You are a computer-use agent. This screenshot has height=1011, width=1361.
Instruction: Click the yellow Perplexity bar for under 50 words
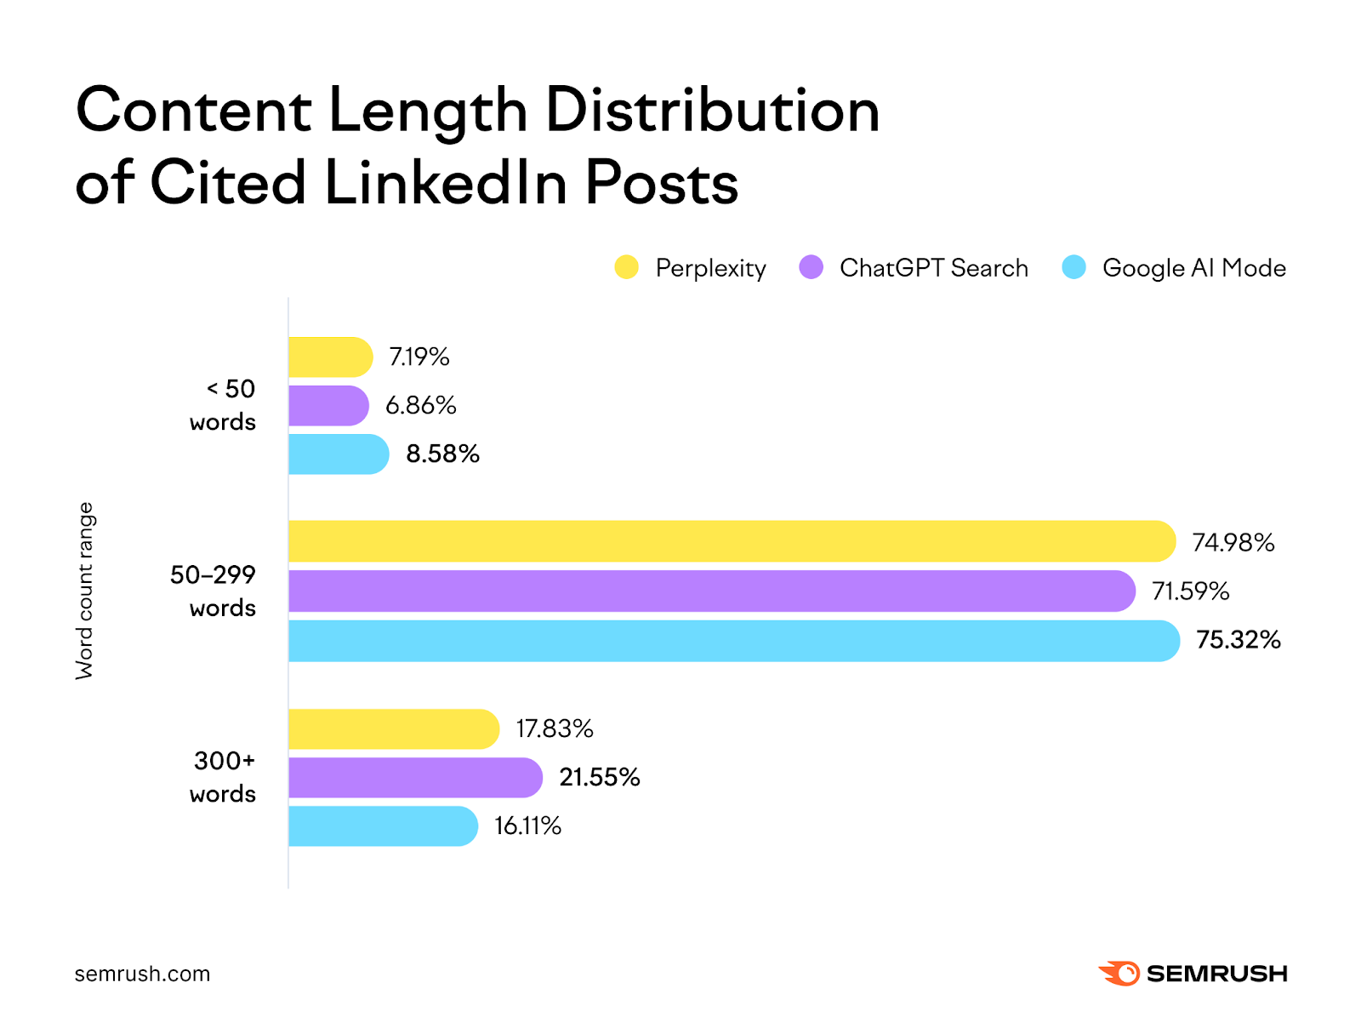click(330, 357)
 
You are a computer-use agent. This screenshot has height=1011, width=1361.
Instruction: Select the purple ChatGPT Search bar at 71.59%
click(711, 591)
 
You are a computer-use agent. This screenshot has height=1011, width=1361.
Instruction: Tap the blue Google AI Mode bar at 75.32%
click(733, 640)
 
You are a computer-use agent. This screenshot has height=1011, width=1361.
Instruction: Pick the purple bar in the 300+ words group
click(415, 777)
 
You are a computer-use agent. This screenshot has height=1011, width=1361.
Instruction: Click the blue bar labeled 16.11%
click(383, 825)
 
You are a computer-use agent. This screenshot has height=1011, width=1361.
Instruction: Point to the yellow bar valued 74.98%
click(732, 541)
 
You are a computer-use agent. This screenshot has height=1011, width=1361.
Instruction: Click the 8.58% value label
click(442, 454)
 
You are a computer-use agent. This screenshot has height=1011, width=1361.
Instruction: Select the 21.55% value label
click(599, 777)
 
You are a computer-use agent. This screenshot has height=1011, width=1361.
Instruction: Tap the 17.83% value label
click(554, 728)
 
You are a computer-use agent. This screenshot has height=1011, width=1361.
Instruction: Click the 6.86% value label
click(420, 405)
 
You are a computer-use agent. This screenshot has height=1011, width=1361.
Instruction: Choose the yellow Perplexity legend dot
click(627, 267)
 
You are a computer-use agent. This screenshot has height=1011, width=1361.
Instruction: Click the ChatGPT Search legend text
click(933, 268)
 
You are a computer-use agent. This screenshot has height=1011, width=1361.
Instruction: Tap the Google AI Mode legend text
click(1193, 268)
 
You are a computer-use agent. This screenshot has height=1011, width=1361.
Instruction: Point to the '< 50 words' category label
click(224, 405)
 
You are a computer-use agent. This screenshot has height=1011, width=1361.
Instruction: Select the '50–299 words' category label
click(214, 591)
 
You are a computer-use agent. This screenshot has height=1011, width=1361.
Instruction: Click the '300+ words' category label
click(224, 777)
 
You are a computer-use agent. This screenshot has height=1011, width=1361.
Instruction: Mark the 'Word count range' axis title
click(85, 591)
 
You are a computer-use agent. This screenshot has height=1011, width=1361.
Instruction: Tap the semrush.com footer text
click(142, 974)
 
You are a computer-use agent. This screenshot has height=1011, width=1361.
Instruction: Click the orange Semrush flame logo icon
click(1119, 973)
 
